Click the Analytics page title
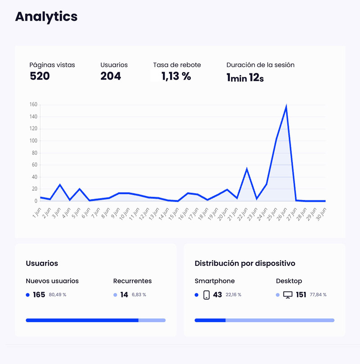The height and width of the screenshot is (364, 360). pos(46,17)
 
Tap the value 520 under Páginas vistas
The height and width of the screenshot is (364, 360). pos(40,76)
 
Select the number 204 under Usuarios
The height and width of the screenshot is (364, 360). pos(111,76)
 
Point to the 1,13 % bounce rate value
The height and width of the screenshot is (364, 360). pos(176,76)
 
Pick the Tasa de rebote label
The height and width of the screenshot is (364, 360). pos(177,65)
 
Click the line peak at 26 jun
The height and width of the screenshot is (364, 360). pos(286,107)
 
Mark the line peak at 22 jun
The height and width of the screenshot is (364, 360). pos(247,169)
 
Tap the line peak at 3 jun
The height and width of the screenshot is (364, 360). pos(60,185)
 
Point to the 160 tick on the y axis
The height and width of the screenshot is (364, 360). pos(33,105)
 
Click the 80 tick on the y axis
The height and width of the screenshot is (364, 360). pos(34,153)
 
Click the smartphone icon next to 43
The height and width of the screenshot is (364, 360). pos(207,295)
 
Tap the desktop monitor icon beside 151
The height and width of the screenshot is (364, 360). pos(288,295)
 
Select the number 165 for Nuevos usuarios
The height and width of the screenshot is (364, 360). pos(39,295)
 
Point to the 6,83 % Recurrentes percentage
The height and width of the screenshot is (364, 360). pos(139,295)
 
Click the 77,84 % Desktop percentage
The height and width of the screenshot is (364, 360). pos(318,295)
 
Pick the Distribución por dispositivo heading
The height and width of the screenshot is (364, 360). pos(245,263)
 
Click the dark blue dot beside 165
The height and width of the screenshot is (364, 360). pos(28,295)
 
